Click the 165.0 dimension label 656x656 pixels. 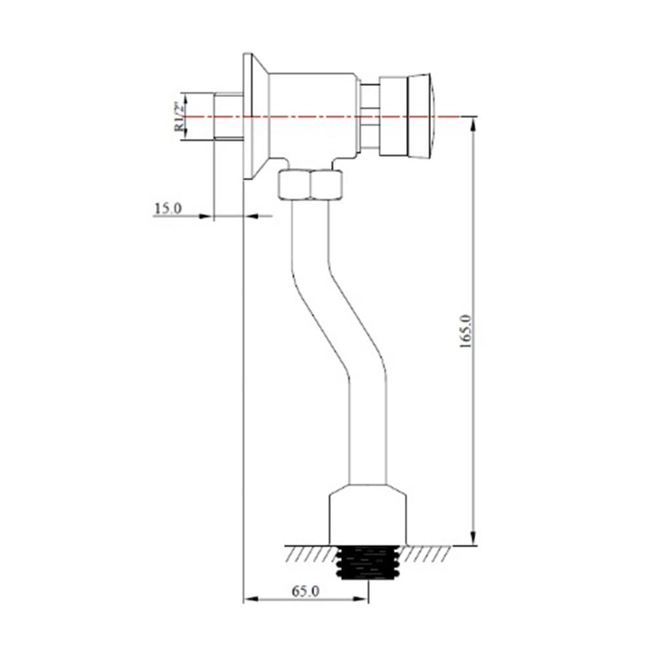(466, 331)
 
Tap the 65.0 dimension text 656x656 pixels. (306, 591)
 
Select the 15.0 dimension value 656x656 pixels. (168, 209)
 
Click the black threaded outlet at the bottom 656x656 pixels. (368, 563)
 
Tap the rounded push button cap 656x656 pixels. (420, 116)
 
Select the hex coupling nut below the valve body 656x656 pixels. (310, 184)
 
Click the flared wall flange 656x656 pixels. (256, 116)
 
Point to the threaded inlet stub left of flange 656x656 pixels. (228, 116)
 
